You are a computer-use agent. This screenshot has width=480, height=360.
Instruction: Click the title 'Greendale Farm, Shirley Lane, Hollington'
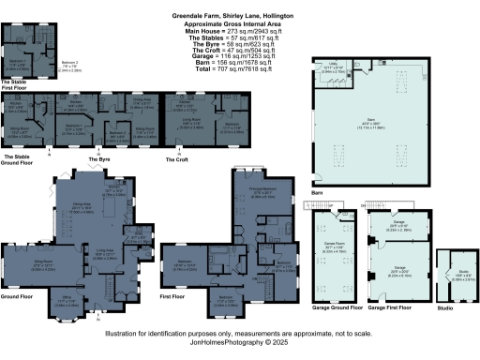(x=240, y=16)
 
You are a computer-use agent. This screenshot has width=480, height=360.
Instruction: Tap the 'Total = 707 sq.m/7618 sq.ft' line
(x=240, y=68)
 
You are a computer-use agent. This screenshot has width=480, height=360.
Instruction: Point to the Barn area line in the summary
(x=240, y=62)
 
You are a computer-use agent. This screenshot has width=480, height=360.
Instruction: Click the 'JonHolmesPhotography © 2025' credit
(x=240, y=342)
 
